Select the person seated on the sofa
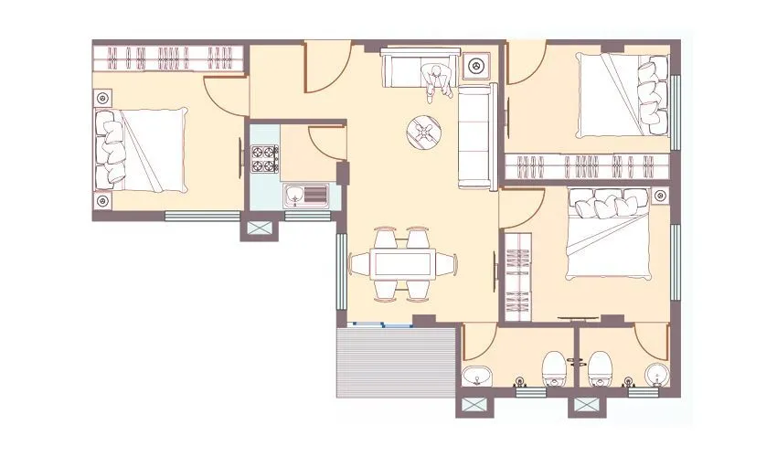click(437, 80)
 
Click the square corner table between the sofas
click(476, 66)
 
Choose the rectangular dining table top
click(402, 264)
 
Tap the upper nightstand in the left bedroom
click(102, 96)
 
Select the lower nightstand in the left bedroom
click(102, 200)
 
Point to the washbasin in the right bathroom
click(655, 375)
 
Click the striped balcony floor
click(397, 363)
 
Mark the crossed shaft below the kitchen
click(256, 227)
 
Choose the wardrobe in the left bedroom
click(169, 59)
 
